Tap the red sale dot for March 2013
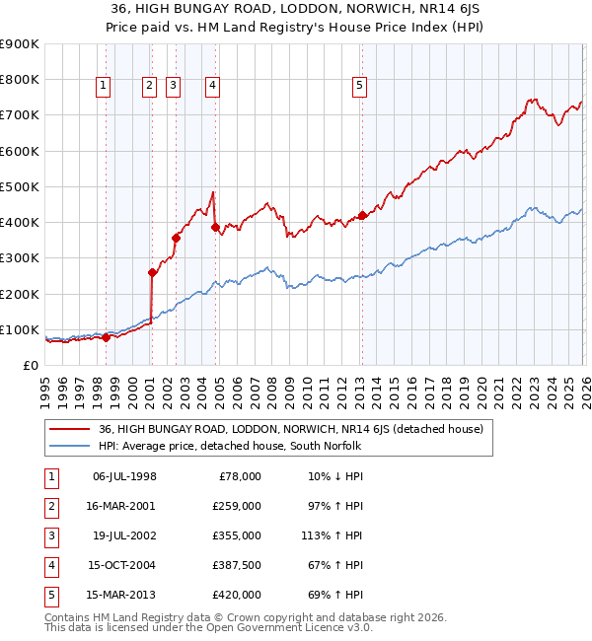tap(362, 215)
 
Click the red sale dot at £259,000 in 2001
tap(152, 273)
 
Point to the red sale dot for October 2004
tap(215, 227)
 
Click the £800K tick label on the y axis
tap(20, 80)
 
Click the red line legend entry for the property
tap(290, 429)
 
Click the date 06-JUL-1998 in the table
tap(124, 476)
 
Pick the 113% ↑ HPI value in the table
tap(334, 535)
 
